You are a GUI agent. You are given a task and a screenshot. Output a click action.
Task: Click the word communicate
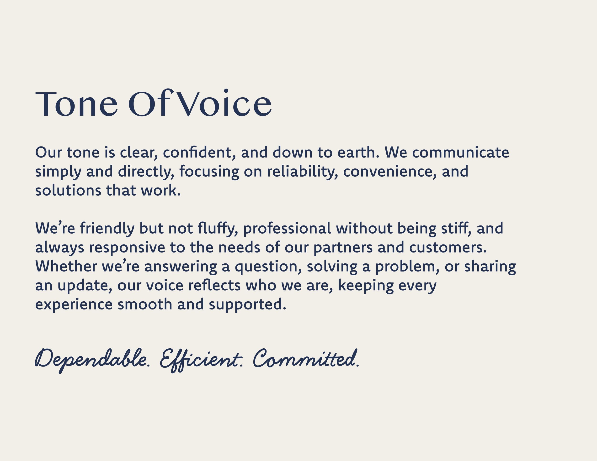[x=461, y=152]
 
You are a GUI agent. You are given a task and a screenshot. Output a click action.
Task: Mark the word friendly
[x=107, y=229]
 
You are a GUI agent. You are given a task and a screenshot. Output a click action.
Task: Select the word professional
[x=287, y=229]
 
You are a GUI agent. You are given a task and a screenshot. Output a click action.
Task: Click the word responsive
[x=127, y=248]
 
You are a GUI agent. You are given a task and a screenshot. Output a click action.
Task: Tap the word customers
[x=448, y=247]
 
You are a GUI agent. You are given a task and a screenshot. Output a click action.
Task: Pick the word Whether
[x=66, y=266]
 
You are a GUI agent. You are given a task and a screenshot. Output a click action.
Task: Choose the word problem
[x=407, y=267]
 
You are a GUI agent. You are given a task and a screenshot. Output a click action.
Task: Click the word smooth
[x=145, y=304]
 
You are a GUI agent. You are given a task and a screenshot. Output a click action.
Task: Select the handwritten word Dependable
[x=92, y=360]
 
